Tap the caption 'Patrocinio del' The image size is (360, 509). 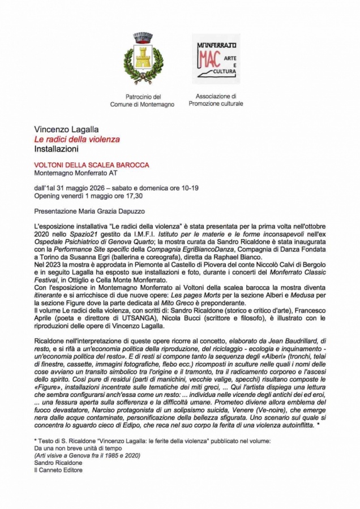click(x=143, y=97)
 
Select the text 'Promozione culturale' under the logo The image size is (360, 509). click(x=216, y=104)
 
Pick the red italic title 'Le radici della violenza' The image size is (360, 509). click(x=77, y=139)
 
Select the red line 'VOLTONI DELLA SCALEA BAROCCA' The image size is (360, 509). click(x=91, y=165)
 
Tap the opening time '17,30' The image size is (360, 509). click(x=132, y=196)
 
